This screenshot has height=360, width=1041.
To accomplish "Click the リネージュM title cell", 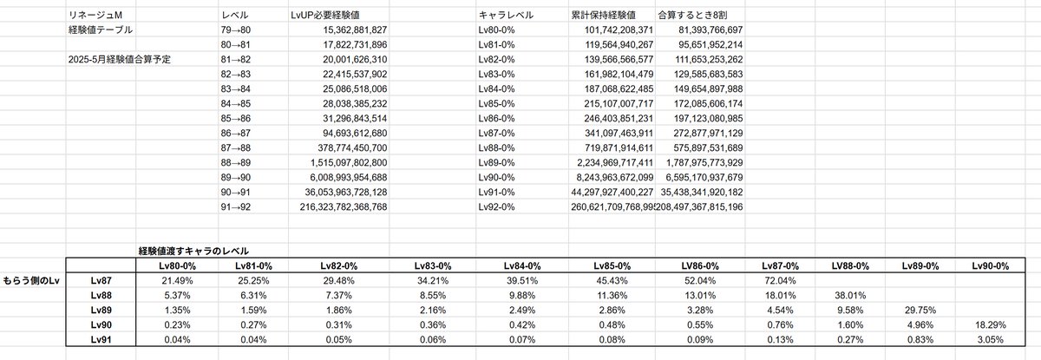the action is pyautogui.click(x=95, y=15).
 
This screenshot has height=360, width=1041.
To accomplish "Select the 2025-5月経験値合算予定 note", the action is pyautogui.click(x=120, y=60).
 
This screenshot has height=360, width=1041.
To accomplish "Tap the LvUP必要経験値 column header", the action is pyautogui.click(x=324, y=15).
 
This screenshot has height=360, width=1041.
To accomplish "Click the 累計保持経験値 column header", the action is pyautogui.click(x=603, y=15).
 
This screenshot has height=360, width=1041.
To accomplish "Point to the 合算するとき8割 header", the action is pyautogui.click(x=692, y=15).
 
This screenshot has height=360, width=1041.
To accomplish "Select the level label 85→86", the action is pyautogui.click(x=236, y=119).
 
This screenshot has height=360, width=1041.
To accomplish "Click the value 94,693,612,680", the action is pyautogui.click(x=355, y=134).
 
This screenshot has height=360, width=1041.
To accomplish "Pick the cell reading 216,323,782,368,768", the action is pyautogui.click(x=344, y=206).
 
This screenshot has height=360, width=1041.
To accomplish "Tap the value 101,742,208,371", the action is pyautogui.click(x=619, y=29).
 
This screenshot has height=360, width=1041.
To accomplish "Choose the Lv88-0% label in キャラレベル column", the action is pyautogui.click(x=496, y=148).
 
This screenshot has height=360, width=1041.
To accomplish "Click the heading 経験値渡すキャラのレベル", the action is pyautogui.click(x=193, y=251).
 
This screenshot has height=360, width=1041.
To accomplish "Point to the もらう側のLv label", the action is pyautogui.click(x=31, y=280).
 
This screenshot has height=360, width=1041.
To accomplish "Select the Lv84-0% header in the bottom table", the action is pyautogui.click(x=522, y=266).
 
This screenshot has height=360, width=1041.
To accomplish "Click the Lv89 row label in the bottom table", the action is pyautogui.click(x=101, y=310).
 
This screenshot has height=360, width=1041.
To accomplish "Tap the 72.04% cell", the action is pyautogui.click(x=780, y=280).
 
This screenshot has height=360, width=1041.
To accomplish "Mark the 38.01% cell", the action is pyautogui.click(x=850, y=296).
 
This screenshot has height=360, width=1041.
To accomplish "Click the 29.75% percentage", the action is pyautogui.click(x=920, y=310).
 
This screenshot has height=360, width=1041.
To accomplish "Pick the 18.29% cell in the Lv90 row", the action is pyautogui.click(x=991, y=324).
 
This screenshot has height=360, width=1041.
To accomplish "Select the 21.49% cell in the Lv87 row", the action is pyautogui.click(x=177, y=280).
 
